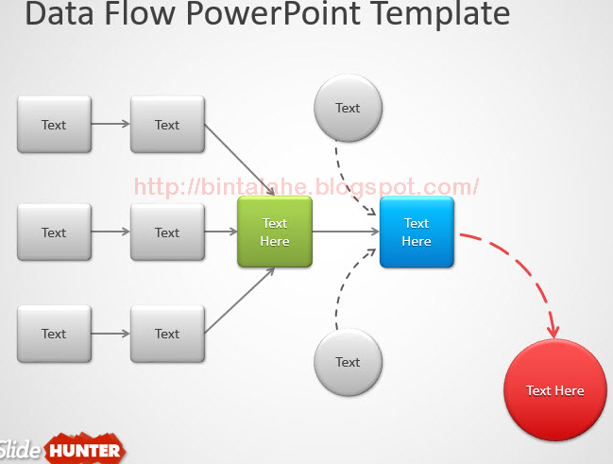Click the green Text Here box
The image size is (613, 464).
coord(274,232)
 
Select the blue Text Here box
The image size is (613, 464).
coord(417,232)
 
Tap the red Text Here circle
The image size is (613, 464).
coord(554,390)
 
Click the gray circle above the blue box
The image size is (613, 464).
coord(348,108)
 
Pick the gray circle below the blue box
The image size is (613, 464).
coord(348,362)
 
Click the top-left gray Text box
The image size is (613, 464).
coord(54,125)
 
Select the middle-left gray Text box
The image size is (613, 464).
coord(54,232)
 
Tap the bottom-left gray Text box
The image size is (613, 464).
coord(54,334)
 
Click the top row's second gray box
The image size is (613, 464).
coord(167,125)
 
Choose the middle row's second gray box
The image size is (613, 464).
coord(167,232)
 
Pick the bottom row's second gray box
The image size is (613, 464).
coord(167,334)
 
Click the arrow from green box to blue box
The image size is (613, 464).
coord(345,232)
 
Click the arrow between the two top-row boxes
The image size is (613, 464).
coord(111,124)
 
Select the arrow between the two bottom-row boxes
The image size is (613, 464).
coord(111,334)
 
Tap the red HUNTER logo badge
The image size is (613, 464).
coord(85,450)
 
